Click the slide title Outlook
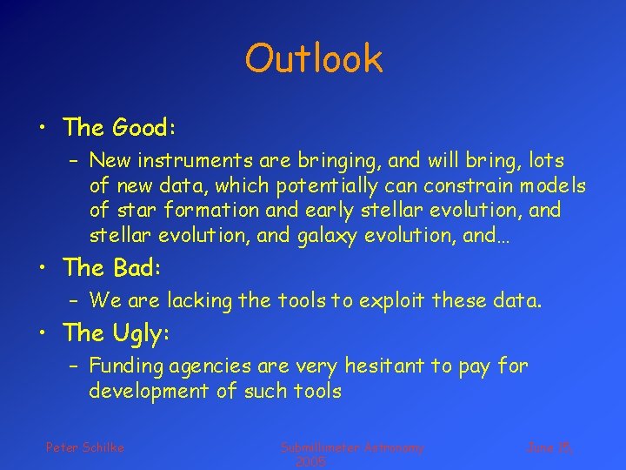(x=313, y=59)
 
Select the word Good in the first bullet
(x=143, y=128)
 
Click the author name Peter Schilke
(x=85, y=447)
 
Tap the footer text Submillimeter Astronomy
(x=352, y=447)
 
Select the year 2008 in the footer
(x=310, y=462)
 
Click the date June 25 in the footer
(x=549, y=447)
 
